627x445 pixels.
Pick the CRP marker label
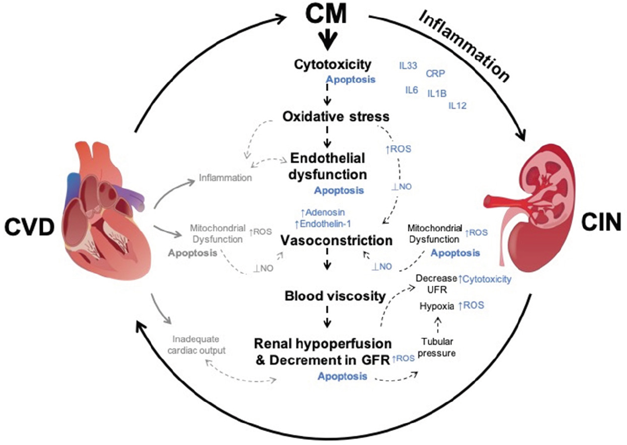click(435, 73)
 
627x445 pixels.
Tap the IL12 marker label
click(457, 105)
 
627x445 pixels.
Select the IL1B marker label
click(436, 94)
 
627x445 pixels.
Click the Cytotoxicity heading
click(332, 65)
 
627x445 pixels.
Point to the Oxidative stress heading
click(336, 117)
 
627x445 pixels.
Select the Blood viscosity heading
click(334, 296)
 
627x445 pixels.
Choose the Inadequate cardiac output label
click(197, 345)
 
